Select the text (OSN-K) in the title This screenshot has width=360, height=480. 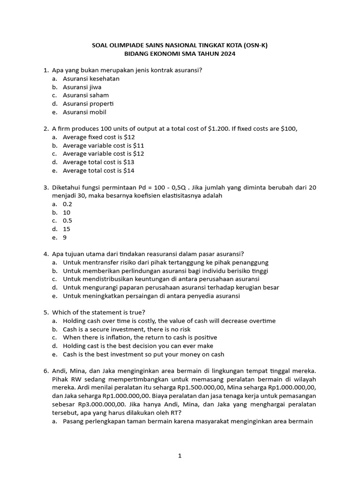[253, 45]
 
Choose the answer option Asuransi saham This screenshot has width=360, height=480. [86, 95]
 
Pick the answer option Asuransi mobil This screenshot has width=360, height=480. [84, 112]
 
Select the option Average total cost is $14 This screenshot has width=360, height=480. [98, 171]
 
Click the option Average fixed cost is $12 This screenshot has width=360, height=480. [98, 137]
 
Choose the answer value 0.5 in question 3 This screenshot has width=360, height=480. [67, 220]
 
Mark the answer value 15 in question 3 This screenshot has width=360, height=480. [67, 229]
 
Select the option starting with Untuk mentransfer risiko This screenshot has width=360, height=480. [165, 262]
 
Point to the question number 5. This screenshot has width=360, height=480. [46, 313]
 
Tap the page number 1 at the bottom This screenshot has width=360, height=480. [180, 456]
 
